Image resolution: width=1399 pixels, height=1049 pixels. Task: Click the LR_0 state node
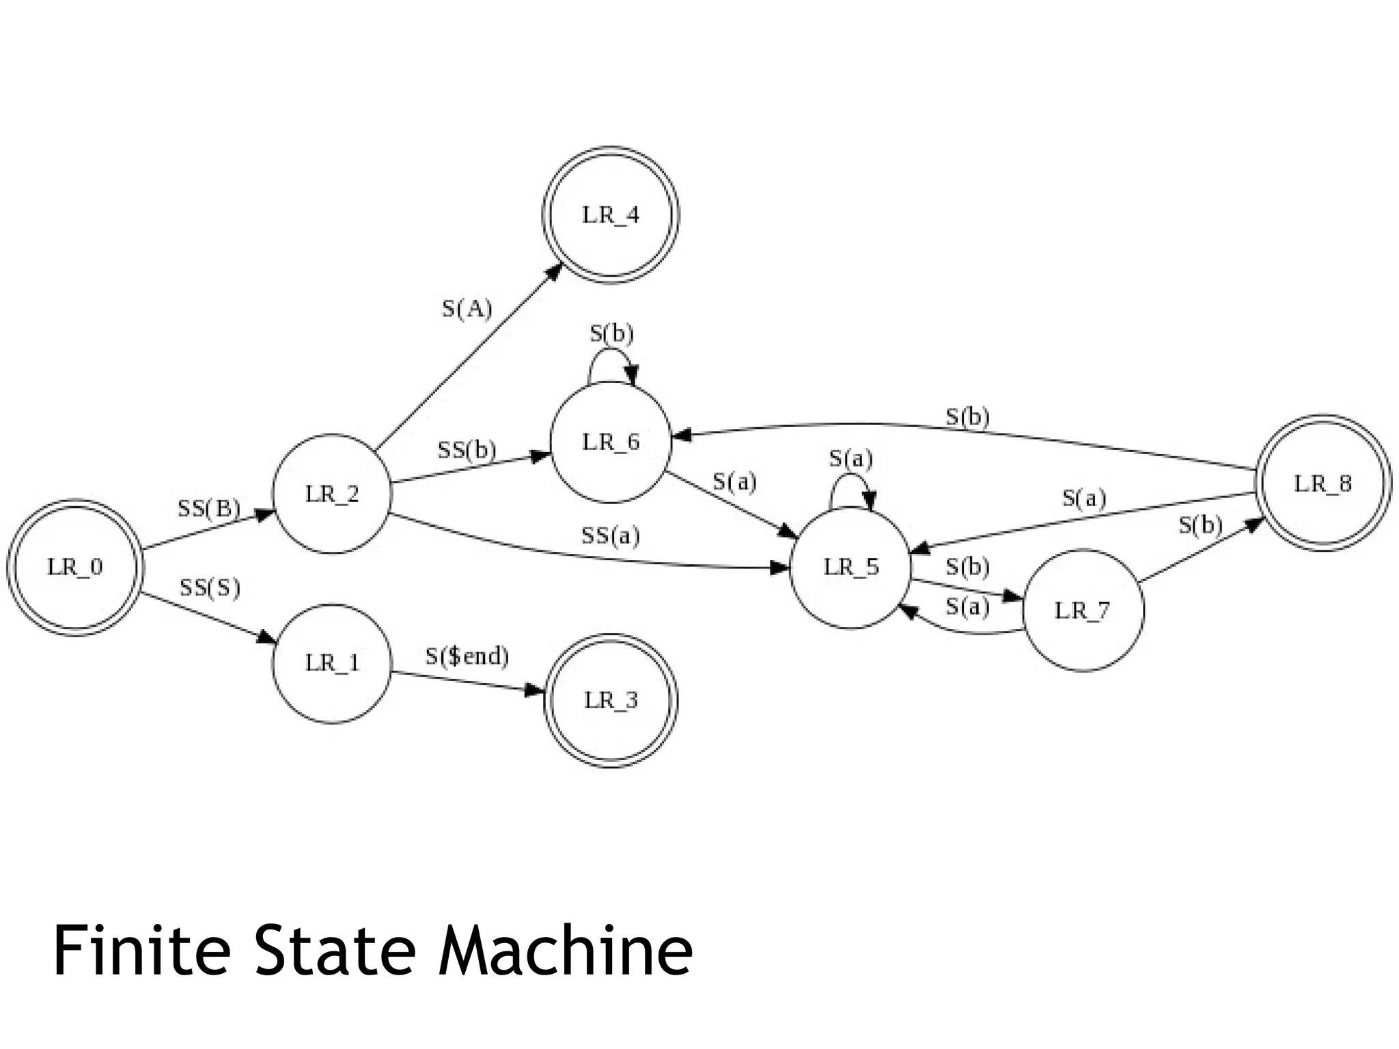pos(74,567)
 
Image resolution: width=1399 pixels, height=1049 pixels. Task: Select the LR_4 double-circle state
pos(610,215)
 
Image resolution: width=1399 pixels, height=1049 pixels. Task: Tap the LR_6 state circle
pos(610,443)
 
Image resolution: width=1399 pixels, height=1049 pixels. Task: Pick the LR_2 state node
pos(331,494)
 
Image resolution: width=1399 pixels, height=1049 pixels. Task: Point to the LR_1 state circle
pos(331,663)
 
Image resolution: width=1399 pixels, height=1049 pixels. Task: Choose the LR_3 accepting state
pos(610,701)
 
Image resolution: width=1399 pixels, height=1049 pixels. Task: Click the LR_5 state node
pos(850,567)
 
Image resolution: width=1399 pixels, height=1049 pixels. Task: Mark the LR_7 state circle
pos(1082,610)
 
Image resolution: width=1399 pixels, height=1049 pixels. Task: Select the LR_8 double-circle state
pos(1323,484)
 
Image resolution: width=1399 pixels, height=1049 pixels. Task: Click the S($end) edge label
pos(467,656)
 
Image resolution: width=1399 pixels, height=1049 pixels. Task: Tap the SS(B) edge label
pos(209,508)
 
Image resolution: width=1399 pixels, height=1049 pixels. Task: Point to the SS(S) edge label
pos(210,587)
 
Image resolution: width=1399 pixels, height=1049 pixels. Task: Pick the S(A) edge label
pos(467,309)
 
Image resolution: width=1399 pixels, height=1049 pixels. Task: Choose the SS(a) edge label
pos(611,536)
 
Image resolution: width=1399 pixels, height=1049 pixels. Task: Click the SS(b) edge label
pos(467,450)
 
